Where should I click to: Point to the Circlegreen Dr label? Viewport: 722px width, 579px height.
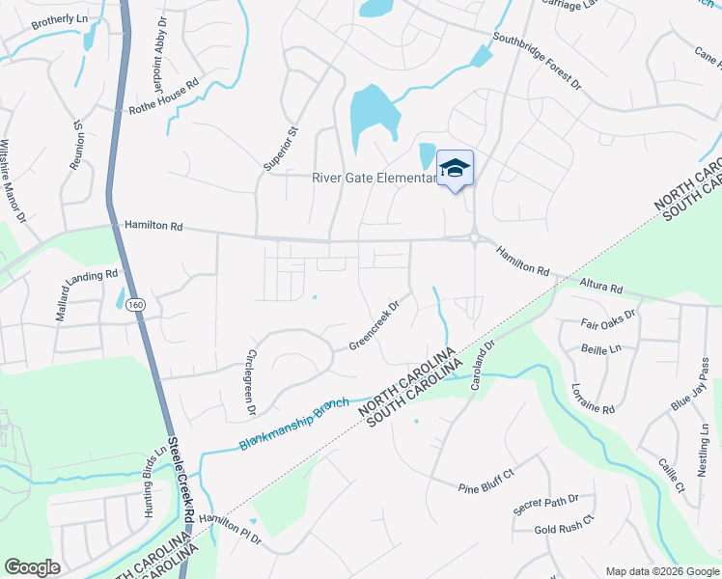(x=251, y=382)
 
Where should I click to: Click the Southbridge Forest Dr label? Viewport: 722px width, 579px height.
(x=537, y=63)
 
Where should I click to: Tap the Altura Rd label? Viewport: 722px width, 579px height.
(x=601, y=287)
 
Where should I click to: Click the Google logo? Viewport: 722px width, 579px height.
(x=33, y=567)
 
